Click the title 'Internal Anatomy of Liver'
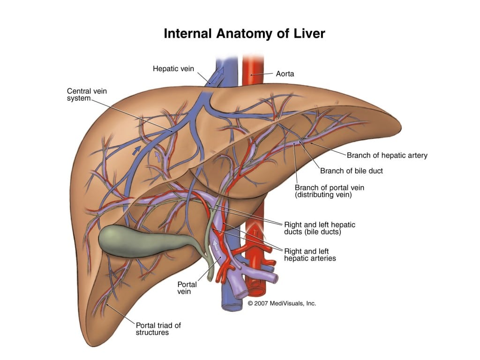tap(244, 34)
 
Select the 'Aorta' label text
tap(285, 74)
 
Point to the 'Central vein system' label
tap(87, 94)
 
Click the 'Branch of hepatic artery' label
tap(387, 155)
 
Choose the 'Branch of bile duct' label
tap(352, 171)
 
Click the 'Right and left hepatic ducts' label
tap(320, 228)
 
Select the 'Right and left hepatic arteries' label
tap(310, 255)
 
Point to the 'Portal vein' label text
tap(187, 287)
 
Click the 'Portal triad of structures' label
tap(158, 329)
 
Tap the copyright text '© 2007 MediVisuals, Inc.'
tap(282, 303)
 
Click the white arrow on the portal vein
tap(216, 245)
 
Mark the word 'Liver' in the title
tap(308, 34)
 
